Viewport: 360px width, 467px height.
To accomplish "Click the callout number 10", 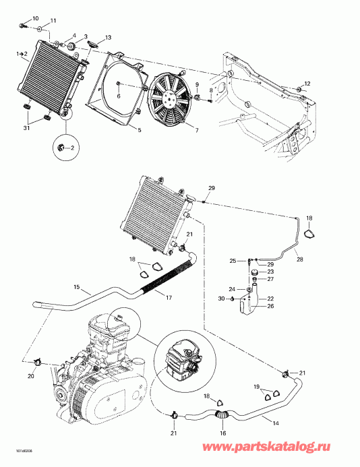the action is click(x=36, y=18).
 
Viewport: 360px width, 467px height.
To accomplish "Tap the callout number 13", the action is click(x=108, y=38).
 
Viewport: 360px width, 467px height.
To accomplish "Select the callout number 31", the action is click(x=26, y=128).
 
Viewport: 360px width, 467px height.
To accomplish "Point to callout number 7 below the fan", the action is click(x=197, y=130).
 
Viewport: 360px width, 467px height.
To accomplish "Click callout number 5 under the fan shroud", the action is click(x=139, y=130).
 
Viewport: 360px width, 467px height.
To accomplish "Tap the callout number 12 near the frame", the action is click(x=307, y=84).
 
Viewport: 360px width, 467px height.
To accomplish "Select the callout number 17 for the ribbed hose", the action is click(x=169, y=297).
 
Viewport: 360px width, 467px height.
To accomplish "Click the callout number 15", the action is click(x=77, y=287).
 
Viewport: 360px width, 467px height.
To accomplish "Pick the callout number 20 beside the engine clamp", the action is click(x=31, y=376).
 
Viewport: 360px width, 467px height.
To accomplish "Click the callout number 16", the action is click(x=223, y=433).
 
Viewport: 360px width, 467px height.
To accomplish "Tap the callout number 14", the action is click(x=276, y=423).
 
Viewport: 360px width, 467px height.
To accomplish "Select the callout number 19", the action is click(x=257, y=387).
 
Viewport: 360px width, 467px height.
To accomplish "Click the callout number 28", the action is click(x=300, y=259).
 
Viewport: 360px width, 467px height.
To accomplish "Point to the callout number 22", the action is click(x=270, y=299).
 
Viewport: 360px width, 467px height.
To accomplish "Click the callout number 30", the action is click(x=221, y=299).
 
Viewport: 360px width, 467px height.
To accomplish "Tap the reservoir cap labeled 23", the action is click(x=254, y=272).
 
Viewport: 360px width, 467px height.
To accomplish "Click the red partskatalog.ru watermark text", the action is click(x=266, y=447).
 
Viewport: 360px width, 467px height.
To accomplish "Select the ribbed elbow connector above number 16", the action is click(x=221, y=414).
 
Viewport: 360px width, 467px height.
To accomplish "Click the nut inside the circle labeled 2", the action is click(x=61, y=147).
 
